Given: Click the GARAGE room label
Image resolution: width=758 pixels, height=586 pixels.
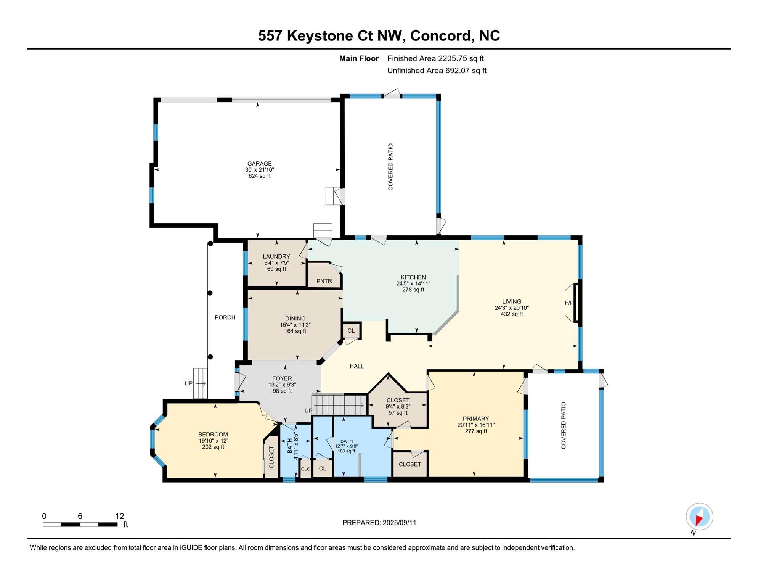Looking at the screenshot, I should [259, 164].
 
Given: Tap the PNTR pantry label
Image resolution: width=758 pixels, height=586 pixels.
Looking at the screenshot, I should [324, 281].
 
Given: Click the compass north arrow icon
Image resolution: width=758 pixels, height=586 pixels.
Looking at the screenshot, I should [699, 517].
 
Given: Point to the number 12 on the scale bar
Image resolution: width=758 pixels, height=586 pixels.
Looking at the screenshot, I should [120, 516].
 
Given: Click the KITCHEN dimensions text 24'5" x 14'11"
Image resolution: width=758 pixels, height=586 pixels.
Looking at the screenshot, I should [413, 283].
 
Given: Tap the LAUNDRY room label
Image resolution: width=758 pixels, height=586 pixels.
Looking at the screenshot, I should [276, 256].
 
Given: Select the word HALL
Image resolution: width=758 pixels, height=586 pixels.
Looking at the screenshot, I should [357, 366].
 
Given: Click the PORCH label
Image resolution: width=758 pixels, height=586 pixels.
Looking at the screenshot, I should [225, 317].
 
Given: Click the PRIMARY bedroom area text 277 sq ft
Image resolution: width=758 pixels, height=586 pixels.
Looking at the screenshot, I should [476, 431].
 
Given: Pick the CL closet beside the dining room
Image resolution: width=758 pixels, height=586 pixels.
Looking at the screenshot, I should [351, 331].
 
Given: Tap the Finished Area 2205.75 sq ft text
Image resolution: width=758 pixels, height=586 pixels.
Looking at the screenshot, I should [435, 58].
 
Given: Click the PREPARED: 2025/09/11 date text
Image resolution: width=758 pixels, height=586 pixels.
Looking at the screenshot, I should [379, 523].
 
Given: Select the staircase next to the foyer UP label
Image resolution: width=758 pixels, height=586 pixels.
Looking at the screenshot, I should [339, 405].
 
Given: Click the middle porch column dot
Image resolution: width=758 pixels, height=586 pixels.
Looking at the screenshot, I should [210, 293].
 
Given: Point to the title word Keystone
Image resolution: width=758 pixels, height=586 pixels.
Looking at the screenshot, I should [320, 35].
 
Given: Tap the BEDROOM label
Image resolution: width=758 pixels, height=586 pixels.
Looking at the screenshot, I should [213, 435].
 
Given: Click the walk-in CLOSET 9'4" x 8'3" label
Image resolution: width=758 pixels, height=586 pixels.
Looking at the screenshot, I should [398, 400].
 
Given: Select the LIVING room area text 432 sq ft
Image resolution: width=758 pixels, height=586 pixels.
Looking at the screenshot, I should [511, 314].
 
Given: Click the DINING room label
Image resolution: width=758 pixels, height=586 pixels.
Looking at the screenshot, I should [295, 319].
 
